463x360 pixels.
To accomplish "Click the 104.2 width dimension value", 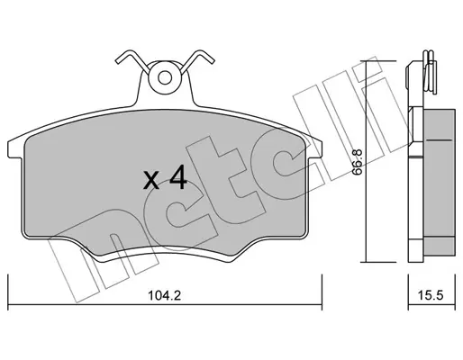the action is click(165, 296).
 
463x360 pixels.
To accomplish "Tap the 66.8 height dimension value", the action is click(358, 162).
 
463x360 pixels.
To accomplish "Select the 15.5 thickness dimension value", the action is click(431, 296).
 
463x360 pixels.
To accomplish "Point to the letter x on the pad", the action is click(151, 181).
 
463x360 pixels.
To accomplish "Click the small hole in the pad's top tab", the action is click(165, 78).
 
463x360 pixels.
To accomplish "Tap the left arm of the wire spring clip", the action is click(132, 60).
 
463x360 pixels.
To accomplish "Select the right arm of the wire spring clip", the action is click(197, 60).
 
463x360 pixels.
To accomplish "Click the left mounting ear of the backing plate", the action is click(15, 148).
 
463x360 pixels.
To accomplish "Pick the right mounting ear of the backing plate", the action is click(314, 148).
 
